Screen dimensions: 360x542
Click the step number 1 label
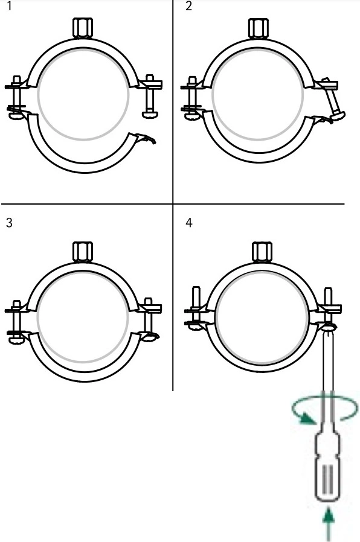9,6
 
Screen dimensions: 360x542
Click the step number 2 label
188,6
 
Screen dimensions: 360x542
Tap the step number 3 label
9,223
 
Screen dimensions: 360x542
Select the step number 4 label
189,223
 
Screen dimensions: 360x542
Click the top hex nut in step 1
83,28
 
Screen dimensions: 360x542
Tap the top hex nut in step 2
259,28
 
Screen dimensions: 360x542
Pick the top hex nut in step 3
83,252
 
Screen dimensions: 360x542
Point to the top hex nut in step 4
262,252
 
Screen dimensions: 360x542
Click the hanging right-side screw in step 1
150,97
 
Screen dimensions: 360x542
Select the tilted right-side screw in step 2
333,100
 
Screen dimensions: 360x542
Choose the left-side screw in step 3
16,322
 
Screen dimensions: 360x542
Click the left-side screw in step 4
196,308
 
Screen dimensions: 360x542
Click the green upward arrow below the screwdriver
329,524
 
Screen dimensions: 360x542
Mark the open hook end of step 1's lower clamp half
147,138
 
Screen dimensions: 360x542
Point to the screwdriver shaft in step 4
328,378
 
